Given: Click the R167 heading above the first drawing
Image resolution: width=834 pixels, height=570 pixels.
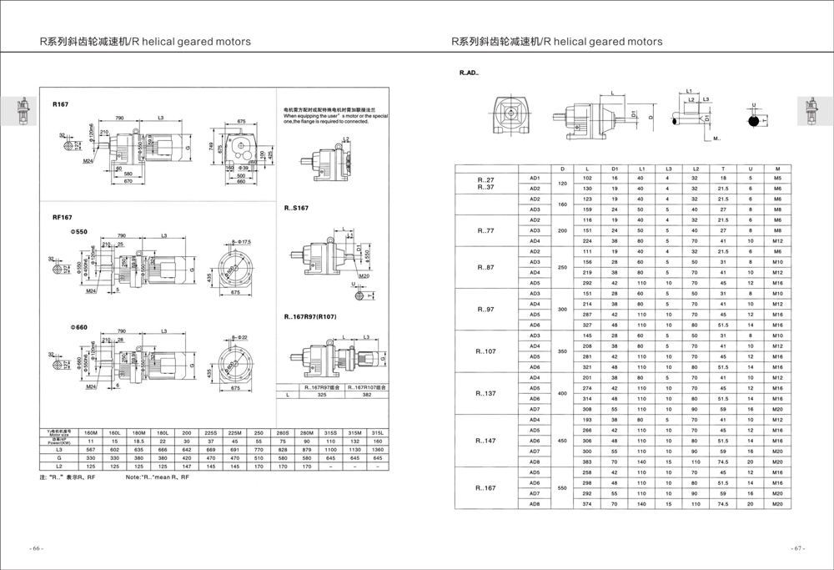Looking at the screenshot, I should tap(61, 104).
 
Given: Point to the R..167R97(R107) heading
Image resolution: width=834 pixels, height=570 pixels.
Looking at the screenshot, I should tap(313, 317).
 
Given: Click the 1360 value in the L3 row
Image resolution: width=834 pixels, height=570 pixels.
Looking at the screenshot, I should tap(378, 450).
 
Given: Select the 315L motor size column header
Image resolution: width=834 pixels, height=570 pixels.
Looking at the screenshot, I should tap(378, 433).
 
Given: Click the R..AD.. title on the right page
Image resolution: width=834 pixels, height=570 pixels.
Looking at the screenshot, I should tap(469, 73).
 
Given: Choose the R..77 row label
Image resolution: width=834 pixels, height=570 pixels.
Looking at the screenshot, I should tap(485, 230).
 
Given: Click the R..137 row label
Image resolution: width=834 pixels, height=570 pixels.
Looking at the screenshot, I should tap(485, 393).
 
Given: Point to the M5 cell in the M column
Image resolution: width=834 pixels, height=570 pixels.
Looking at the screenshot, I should tap(777, 179).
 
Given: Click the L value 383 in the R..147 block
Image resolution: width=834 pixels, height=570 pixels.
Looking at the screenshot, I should tap(587, 462).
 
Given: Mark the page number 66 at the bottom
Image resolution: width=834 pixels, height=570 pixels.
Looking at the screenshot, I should tap(37, 548).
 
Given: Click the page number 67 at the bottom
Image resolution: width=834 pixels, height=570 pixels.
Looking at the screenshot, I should tap(796, 548).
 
